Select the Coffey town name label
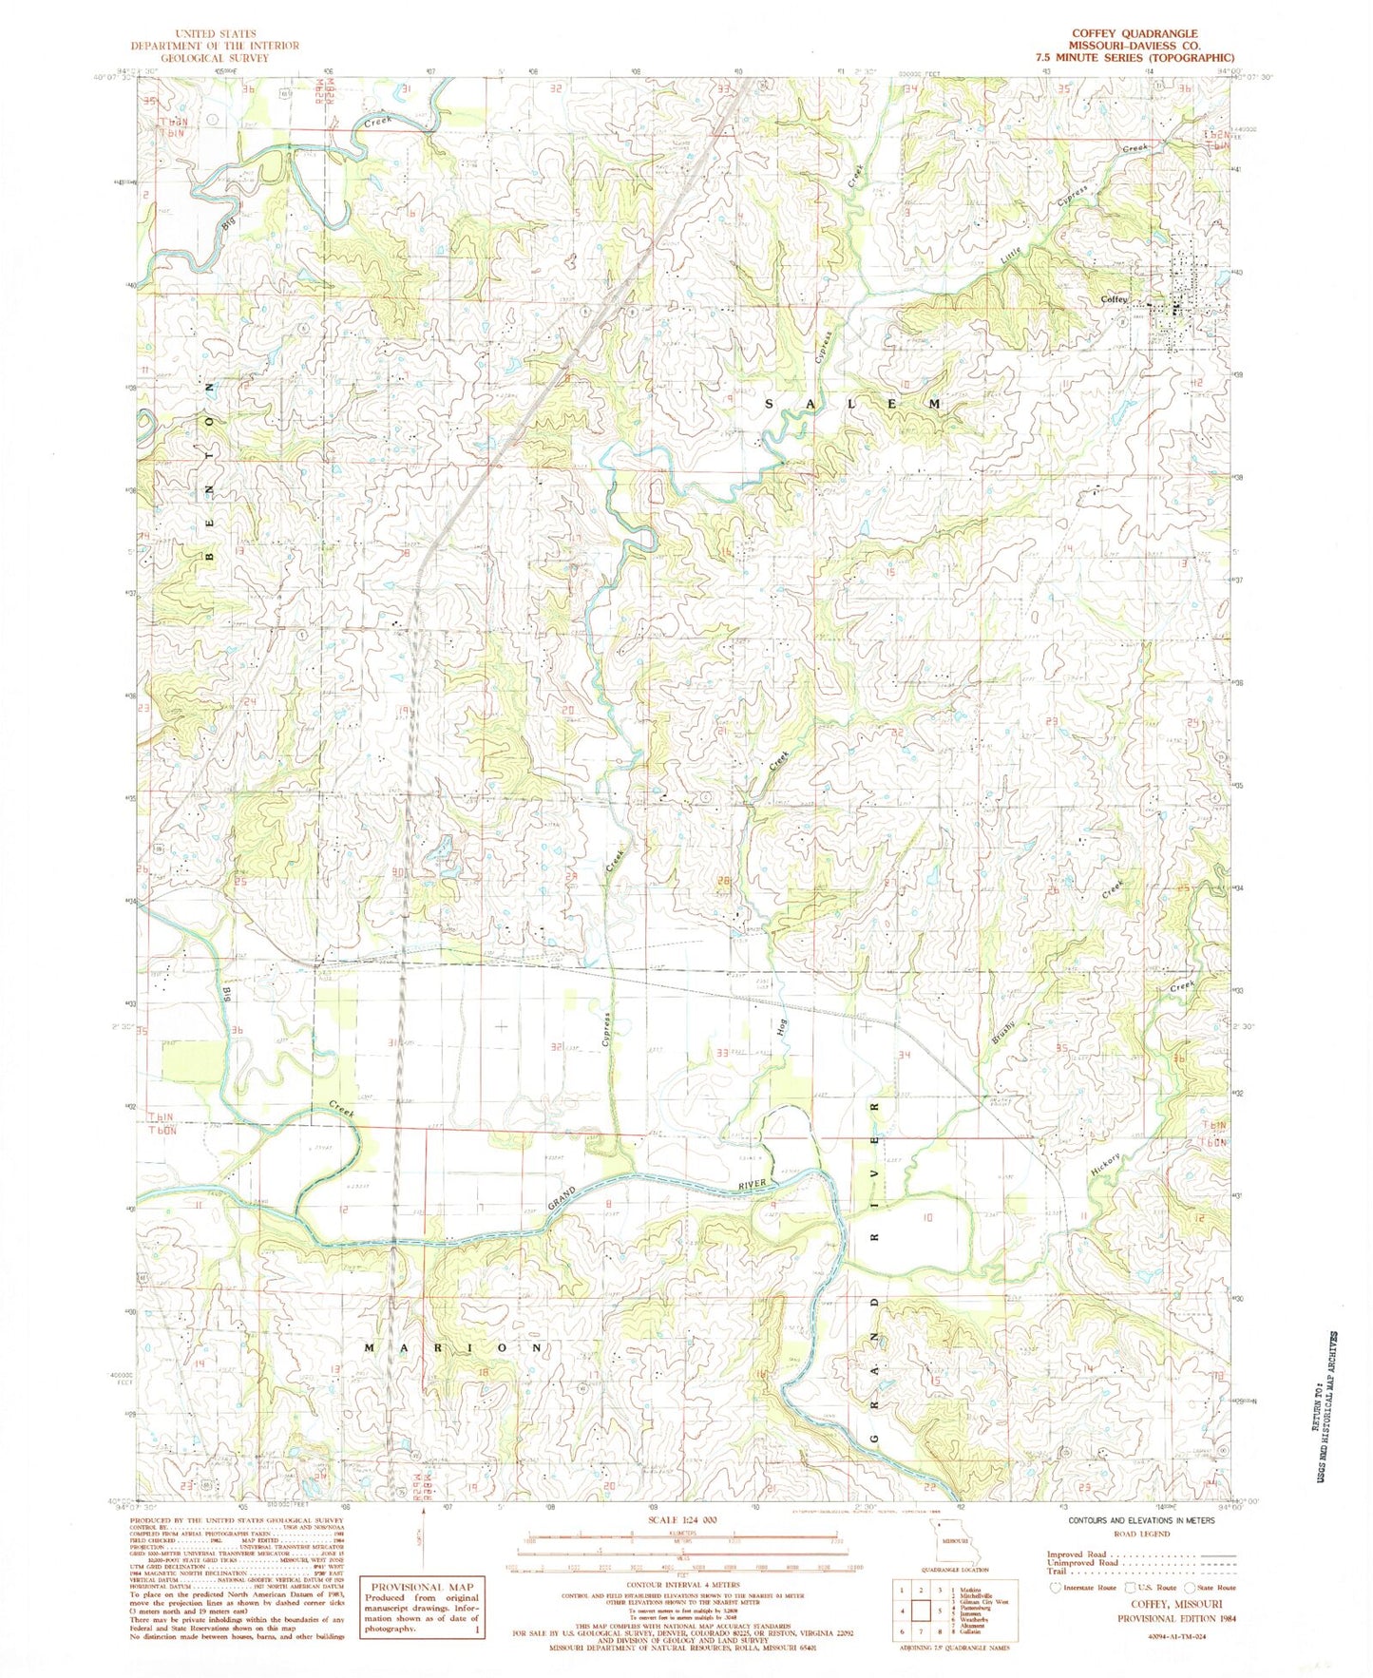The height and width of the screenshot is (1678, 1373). [1114, 299]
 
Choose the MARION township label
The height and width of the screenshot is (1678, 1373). [454, 1347]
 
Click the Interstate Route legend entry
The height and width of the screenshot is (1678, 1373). [1086, 1587]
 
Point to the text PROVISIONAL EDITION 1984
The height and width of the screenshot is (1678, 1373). [1175, 1618]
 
